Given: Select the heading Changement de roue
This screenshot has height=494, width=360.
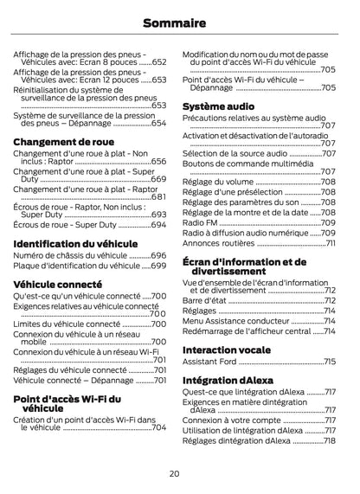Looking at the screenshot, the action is pyautogui.click(x=63, y=141).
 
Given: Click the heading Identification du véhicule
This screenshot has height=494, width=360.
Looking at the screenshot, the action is pyautogui.click(x=75, y=244).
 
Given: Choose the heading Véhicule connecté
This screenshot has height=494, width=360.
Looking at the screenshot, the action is pyautogui.click(x=57, y=284).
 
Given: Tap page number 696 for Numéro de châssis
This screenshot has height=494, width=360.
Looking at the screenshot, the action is pyautogui.click(x=158, y=256).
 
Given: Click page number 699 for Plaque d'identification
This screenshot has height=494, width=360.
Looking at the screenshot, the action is pyautogui.click(x=158, y=266).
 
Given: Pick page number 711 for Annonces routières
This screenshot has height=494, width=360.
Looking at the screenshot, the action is pyautogui.click(x=331, y=243).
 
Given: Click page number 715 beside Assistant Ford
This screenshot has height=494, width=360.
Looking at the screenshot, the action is pyautogui.click(x=330, y=362).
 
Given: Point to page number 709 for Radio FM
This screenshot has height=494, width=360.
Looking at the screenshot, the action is pyautogui.click(x=329, y=222).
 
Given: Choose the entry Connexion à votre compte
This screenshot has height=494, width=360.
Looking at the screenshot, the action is pyautogui.click(x=232, y=420).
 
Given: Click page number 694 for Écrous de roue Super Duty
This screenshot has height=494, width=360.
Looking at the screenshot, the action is pyautogui.click(x=158, y=225).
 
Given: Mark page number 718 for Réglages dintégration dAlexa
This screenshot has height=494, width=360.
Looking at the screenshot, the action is pyautogui.click(x=330, y=440).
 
